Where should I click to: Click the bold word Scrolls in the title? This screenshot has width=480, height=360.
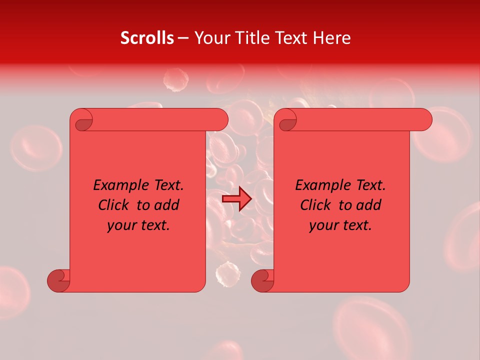coord(147,37)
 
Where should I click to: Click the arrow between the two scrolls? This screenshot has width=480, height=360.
coord(236,199)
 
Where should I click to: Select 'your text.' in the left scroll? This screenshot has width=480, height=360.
coord(138,225)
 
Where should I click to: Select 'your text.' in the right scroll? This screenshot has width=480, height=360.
coord(340,225)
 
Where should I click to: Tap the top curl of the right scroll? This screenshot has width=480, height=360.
coord(286,120)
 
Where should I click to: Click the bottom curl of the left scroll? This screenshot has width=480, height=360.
coord(58,280)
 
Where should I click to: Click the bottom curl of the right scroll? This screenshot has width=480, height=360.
coord(262,280)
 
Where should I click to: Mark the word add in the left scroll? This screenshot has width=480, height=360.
coord(167,205)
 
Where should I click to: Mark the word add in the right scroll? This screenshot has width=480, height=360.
coord(369,205)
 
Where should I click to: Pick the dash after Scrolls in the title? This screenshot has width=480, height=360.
coord(183,38)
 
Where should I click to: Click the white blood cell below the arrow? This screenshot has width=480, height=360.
coord(227,274)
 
